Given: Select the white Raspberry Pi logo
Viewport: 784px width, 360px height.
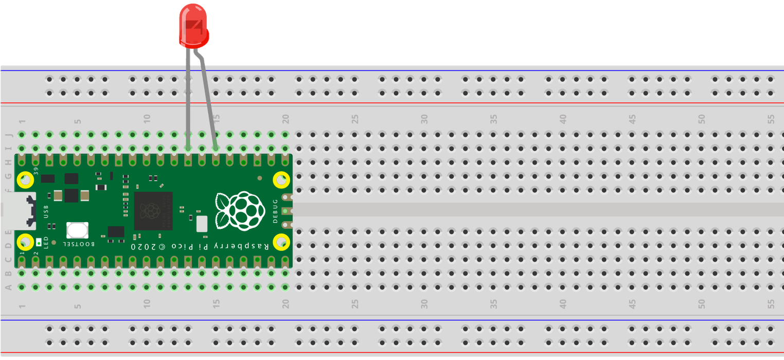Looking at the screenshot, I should point(240,211).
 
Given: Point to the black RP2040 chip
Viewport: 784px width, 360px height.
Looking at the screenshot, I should point(153,211).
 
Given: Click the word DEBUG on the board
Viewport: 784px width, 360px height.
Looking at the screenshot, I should point(275,211).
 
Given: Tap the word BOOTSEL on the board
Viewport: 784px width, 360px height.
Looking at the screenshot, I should point(79,244).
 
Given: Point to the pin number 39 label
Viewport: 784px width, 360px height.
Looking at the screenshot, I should point(36,171).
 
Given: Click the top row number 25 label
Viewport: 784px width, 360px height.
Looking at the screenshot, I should point(355,119).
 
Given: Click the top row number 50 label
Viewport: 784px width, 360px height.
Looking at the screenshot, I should point(702,119).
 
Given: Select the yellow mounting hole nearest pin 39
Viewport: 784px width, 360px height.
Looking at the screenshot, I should point(25,180).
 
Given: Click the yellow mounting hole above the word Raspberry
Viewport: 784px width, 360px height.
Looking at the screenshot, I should point(281,180).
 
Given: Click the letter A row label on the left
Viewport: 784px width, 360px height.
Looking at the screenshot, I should point(8,287).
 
